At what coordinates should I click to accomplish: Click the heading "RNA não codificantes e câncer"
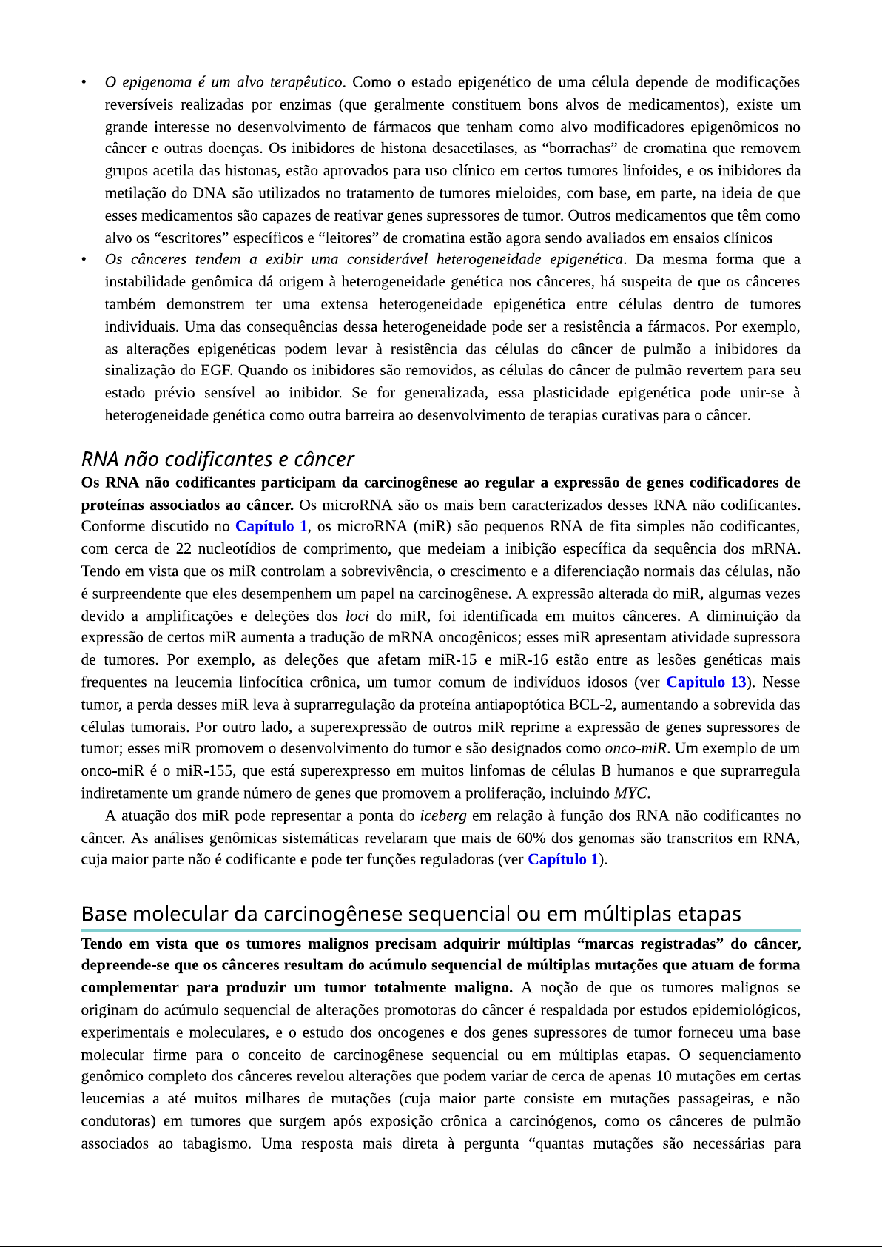(218, 460)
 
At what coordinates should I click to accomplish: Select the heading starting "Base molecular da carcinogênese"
(411, 914)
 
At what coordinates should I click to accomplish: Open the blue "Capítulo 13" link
(706, 682)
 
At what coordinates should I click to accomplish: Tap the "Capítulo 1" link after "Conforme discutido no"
(271, 527)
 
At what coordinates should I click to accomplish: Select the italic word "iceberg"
(442, 816)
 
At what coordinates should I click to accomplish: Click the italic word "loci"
(357, 616)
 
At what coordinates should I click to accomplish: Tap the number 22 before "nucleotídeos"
(184, 549)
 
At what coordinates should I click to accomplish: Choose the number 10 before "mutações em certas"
(664, 1077)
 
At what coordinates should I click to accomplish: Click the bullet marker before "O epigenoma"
(85, 82)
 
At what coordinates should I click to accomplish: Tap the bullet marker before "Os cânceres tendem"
(85, 260)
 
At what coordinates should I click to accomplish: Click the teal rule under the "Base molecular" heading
(440, 930)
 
